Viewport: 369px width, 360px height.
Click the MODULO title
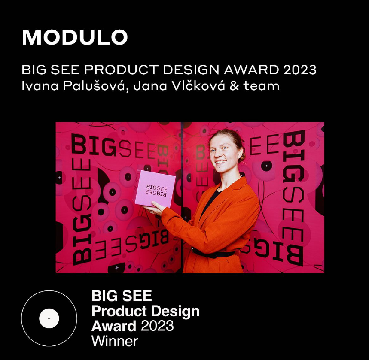75,37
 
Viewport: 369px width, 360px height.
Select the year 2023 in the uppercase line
300,70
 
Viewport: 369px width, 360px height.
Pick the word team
262,86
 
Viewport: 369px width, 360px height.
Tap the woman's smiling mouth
220,162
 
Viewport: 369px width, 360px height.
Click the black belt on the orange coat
213,253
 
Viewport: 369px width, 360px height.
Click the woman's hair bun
242,156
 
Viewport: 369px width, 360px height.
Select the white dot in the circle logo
49,318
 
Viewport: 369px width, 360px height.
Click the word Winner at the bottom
115,341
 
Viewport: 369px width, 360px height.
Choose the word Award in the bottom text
114,326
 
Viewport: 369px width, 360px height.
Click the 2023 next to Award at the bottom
157,326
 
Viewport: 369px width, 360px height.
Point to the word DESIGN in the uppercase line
191,70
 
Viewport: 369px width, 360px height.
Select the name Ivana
40,85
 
